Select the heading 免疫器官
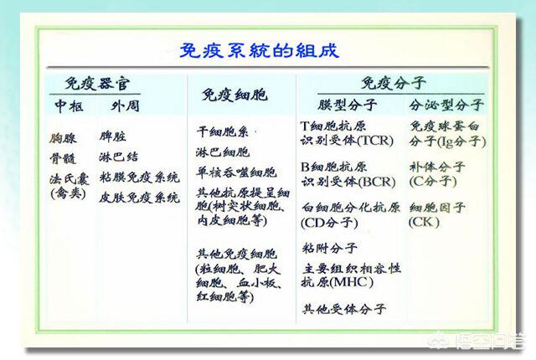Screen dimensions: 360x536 [x=103, y=84]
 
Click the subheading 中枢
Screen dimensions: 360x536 [x=70, y=106]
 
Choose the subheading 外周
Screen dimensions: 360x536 [x=126, y=106]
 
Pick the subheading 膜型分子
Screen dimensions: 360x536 [x=348, y=106]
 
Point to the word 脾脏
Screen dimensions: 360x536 [x=116, y=136]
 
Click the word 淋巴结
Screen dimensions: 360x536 [x=119, y=157]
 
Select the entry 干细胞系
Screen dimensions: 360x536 [x=223, y=132]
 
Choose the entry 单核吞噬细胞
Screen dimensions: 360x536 [x=235, y=173]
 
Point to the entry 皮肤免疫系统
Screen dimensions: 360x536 [x=139, y=198]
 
